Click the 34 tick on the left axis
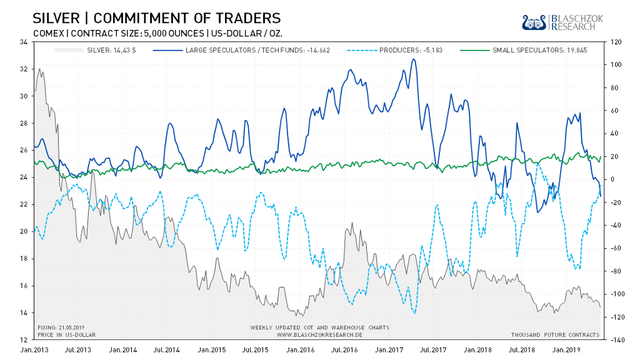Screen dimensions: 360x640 pyautogui.click(x=23, y=42)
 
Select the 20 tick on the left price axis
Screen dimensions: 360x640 pyautogui.click(x=23, y=231)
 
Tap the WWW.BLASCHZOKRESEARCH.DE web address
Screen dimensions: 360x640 pyautogui.click(x=319, y=334)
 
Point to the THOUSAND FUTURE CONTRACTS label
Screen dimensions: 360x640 pyautogui.click(x=556, y=334)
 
